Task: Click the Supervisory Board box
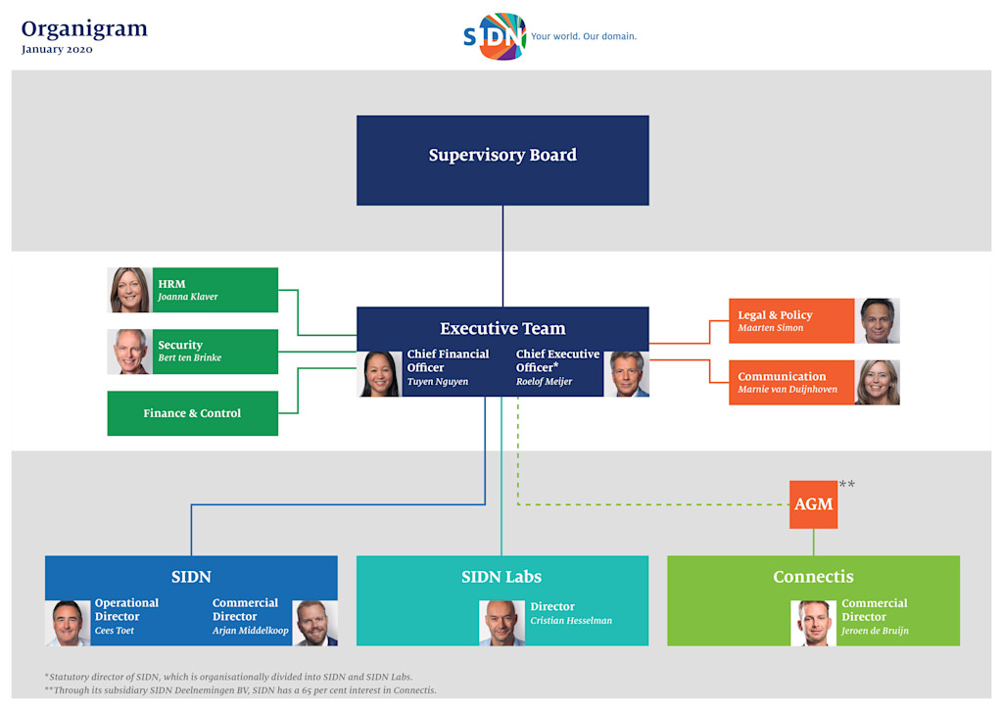(502, 160)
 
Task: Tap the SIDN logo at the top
(495, 36)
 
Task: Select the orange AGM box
(813, 504)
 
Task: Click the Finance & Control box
(192, 413)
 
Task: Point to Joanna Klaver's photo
(129, 290)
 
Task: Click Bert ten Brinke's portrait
(129, 352)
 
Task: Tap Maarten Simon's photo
(878, 321)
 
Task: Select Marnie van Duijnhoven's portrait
(878, 382)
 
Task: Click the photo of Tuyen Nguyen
(379, 373)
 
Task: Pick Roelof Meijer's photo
(626, 373)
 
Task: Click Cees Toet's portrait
(68, 623)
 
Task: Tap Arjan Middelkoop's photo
(314, 623)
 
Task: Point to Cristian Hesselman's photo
(501, 623)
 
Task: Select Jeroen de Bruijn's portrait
(813, 623)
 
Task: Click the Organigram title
(84, 28)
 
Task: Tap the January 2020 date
(57, 50)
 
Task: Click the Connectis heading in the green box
(813, 577)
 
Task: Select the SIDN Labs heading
(501, 577)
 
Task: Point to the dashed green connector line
(646, 504)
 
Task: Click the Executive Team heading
(502, 329)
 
